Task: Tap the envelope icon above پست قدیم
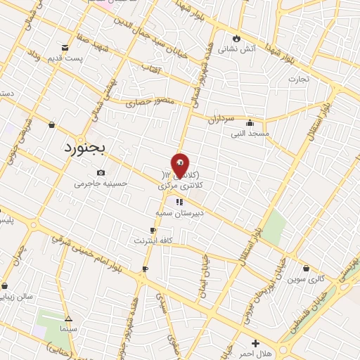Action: click(x=65, y=48)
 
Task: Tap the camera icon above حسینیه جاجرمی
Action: click(x=101, y=173)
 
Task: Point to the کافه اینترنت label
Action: click(x=153, y=240)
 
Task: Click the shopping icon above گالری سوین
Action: click(x=307, y=268)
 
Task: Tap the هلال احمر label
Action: click(x=256, y=354)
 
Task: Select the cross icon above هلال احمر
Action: click(x=256, y=343)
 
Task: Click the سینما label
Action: click(x=68, y=328)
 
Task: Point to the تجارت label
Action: click(x=298, y=79)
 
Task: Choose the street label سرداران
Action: click(x=219, y=120)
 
